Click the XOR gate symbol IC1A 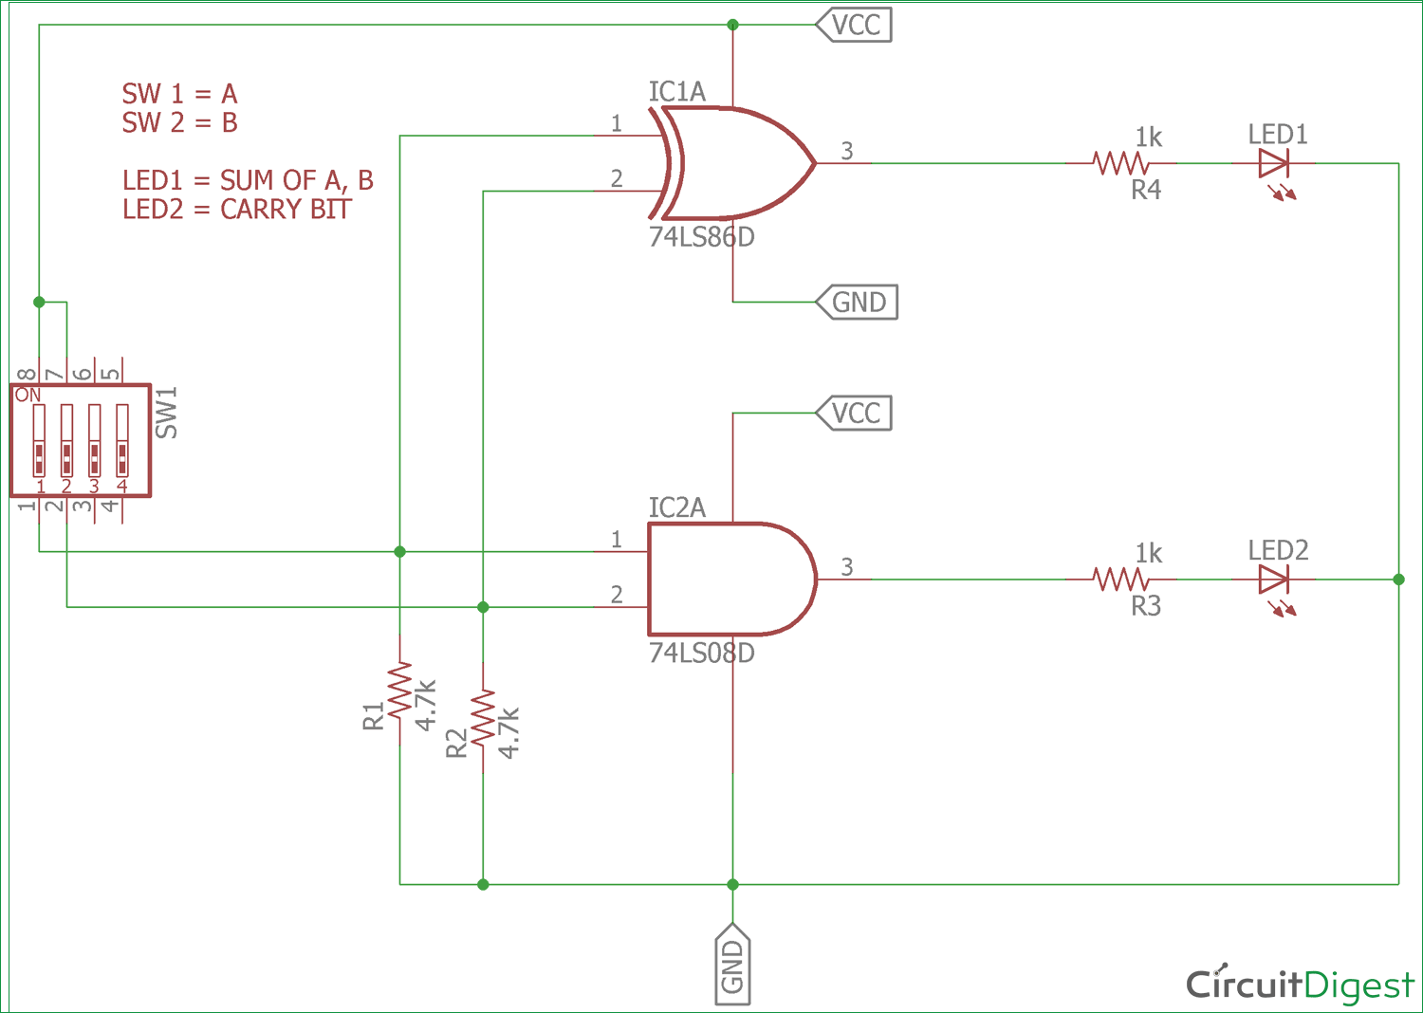click(735, 163)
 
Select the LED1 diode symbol click(1273, 164)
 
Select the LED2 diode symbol click(1273, 579)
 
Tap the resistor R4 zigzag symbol click(1120, 163)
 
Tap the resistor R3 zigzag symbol click(1120, 579)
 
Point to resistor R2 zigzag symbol click(483, 718)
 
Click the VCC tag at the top click(854, 25)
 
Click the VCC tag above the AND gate click(854, 414)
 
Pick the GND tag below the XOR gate click(857, 303)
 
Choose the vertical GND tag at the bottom click(732, 965)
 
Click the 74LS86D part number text click(701, 237)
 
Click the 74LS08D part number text click(701, 654)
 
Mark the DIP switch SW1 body click(81, 440)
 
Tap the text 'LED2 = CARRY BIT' click(237, 209)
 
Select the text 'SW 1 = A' click(179, 94)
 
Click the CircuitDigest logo click(1299, 985)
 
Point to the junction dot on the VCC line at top click(732, 25)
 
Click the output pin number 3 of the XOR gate click(847, 151)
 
